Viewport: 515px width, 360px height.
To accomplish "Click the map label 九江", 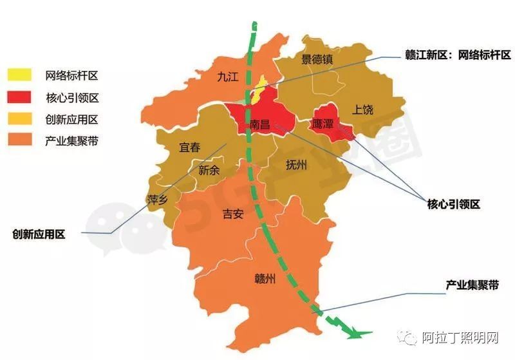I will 228,77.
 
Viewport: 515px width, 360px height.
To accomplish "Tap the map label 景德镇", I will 317,60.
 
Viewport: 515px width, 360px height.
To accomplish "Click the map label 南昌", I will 260,124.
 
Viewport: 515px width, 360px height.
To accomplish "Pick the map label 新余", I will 209,171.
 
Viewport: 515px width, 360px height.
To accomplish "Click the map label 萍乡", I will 158,199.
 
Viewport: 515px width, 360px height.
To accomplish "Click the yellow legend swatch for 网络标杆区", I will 19,75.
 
